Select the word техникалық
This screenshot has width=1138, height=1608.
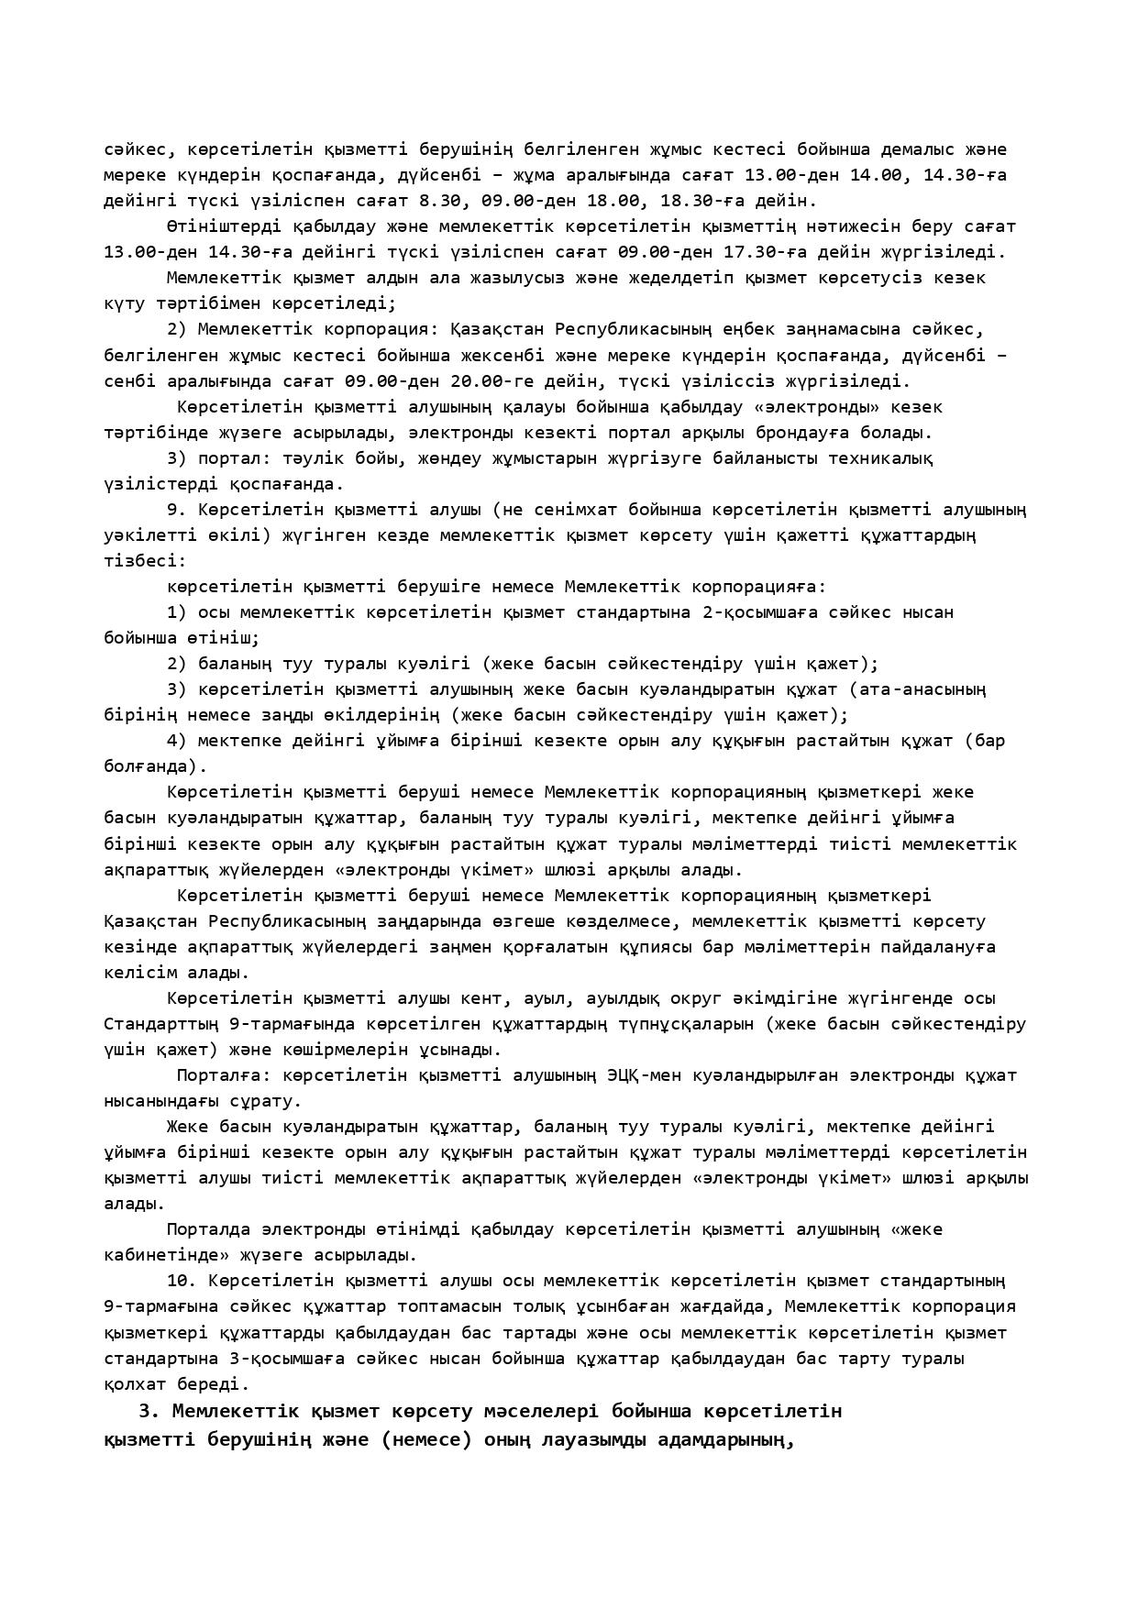tap(881, 457)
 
